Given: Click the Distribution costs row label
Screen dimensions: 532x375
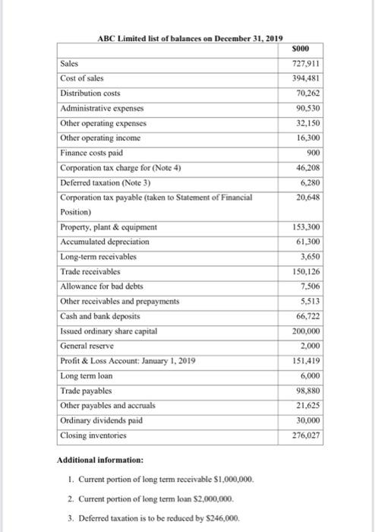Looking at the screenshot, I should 90,93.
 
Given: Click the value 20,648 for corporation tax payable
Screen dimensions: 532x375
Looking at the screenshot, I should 303,197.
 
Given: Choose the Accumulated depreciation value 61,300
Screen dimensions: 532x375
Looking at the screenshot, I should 303,242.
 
